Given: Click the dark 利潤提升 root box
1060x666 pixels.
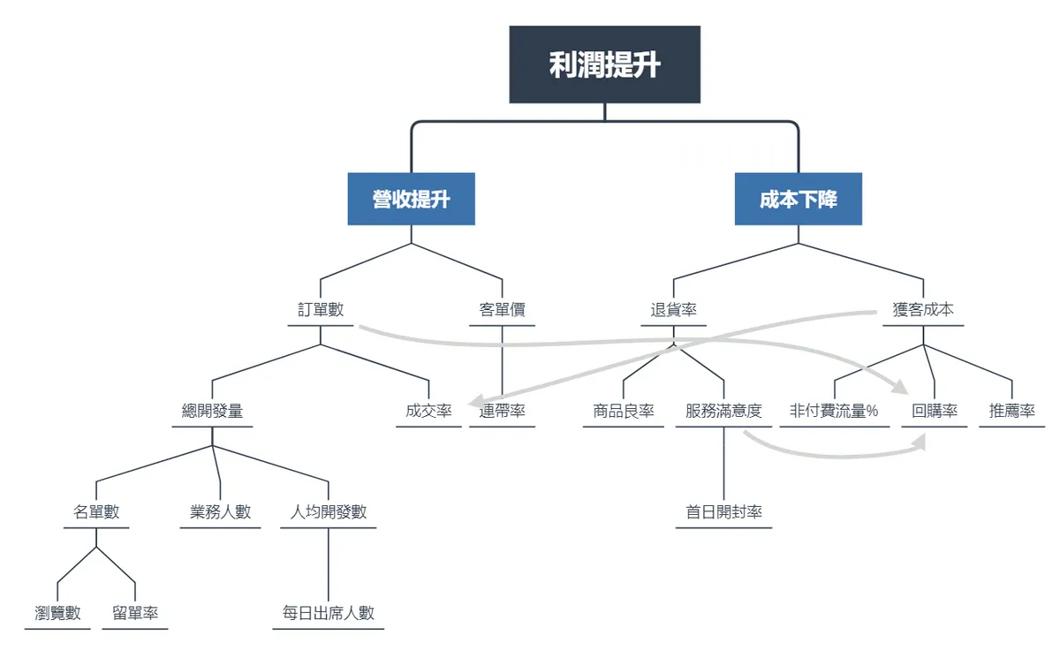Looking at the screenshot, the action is [604, 64].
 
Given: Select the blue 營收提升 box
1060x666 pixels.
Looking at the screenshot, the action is [412, 199].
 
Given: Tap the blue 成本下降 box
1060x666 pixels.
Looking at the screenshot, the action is [799, 199].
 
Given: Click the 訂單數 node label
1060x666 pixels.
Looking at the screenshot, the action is [321, 309].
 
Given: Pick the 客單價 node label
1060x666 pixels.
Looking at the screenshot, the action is [502, 309].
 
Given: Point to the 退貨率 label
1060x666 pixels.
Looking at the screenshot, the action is [673, 309].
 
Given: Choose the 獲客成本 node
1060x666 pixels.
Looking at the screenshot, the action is [923, 309].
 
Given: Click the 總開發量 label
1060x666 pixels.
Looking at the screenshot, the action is [212, 411].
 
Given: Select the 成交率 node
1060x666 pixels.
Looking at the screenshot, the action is [428, 411].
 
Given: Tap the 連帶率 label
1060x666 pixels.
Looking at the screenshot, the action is [502, 411].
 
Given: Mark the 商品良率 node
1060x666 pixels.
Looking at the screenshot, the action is [624, 411].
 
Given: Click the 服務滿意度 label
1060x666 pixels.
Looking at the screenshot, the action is [723, 411].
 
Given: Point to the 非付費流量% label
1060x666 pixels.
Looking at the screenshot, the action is [834, 411].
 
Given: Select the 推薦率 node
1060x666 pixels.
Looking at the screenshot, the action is [1011, 411].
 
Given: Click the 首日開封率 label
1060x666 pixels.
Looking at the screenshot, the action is [723, 512].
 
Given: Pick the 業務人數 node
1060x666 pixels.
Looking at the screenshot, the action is [220, 512].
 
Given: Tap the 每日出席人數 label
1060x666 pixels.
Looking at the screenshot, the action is [328, 614].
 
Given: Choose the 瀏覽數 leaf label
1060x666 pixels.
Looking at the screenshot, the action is [57, 614].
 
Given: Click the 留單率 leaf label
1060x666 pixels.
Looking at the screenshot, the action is [135, 614].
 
